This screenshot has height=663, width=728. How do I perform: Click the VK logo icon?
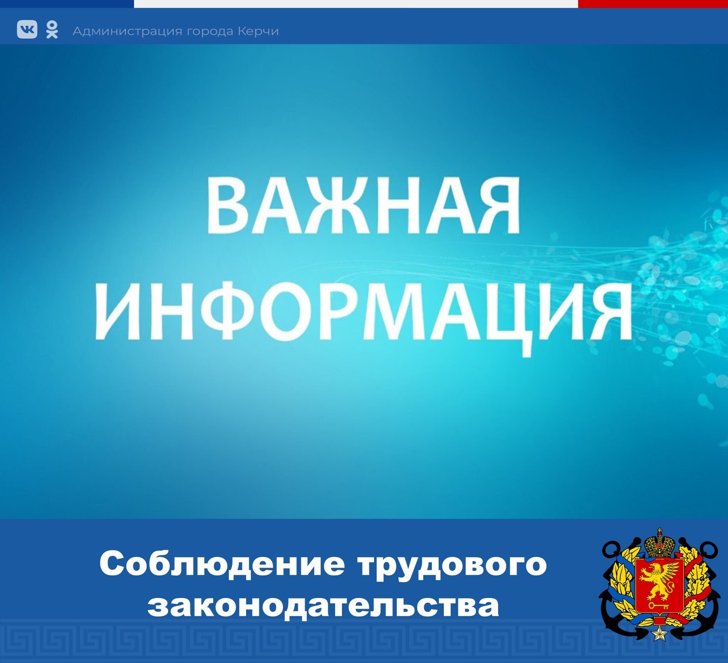point(27,30)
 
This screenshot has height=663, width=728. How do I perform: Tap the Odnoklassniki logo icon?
point(52,30)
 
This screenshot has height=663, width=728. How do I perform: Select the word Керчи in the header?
point(258,31)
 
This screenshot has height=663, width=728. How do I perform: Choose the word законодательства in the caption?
point(323,605)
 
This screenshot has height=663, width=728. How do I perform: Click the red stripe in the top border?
point(653,4)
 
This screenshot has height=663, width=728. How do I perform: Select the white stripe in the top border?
point(356,4)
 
